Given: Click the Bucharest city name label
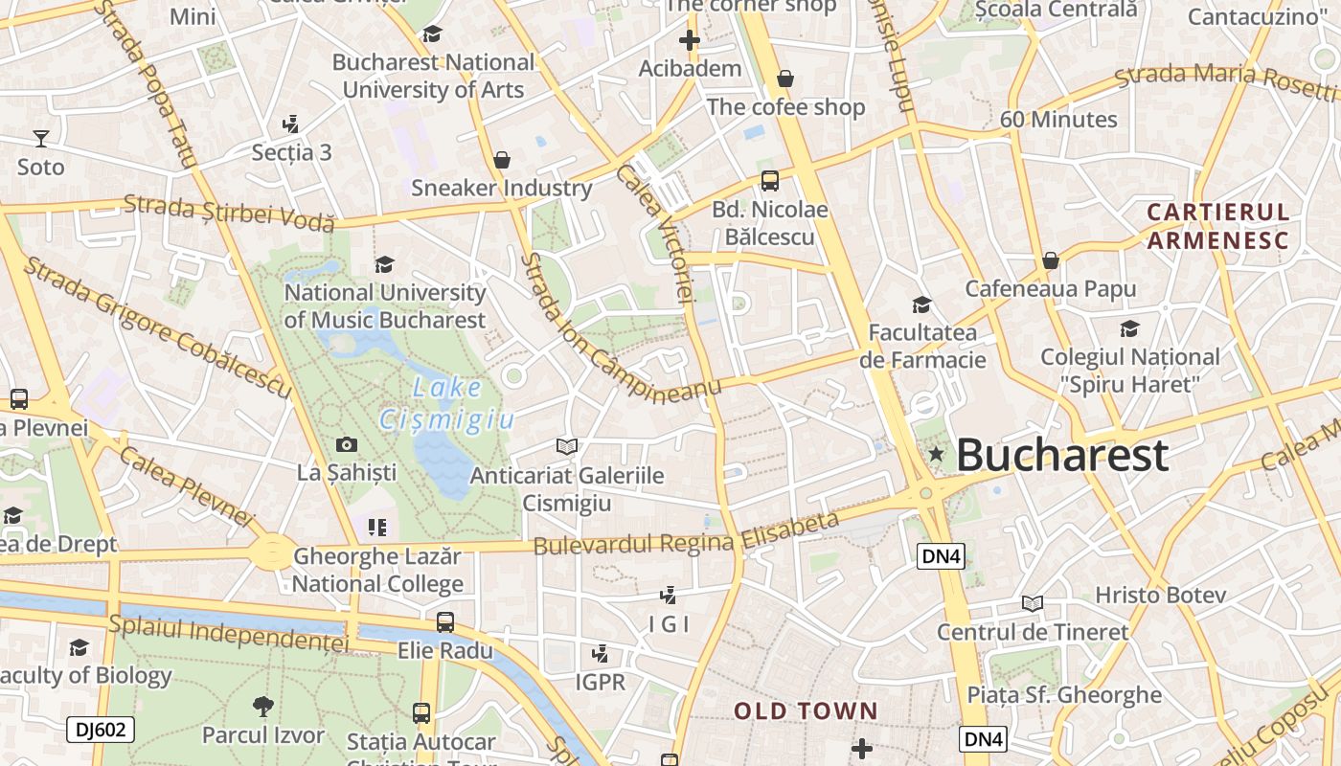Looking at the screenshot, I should [x=1062, y=455].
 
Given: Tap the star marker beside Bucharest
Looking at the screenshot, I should [x=936, y=454].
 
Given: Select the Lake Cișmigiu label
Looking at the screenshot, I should [x=447, y=403].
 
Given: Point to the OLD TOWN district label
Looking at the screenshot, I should [x=806, y=710].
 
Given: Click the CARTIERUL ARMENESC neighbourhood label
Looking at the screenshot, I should [x=1218, y=226].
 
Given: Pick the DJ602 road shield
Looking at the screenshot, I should [x=101, y=730].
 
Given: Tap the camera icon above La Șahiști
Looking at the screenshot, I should [x=347, y=444].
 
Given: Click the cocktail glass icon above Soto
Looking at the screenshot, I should [x=40, y=139].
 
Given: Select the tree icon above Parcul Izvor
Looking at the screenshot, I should [x=262, y=708].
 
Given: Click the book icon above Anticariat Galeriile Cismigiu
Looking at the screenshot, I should [x=567, y=447].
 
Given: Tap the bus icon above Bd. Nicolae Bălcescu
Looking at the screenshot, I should [x=769, y=180].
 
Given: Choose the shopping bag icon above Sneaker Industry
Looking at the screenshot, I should [x=501, y=160].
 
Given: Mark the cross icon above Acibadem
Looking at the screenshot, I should [x=690, y=40].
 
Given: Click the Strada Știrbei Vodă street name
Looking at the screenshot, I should [x=229, y=213].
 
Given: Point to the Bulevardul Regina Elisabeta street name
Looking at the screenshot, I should [x=686, y=534].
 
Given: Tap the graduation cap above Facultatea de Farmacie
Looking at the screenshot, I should [x=921, y=304].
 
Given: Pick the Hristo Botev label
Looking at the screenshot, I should [x=1160, y=595].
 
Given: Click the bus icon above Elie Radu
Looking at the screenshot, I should [x=445, y=622].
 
